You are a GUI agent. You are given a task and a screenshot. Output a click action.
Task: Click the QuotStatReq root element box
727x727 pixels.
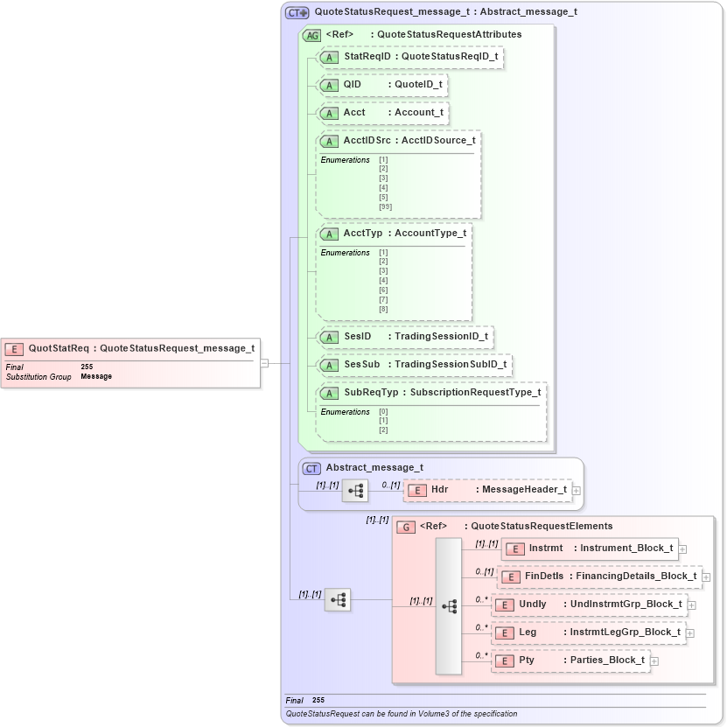tap(131, 348)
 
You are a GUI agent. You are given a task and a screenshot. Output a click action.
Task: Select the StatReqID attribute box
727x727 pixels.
tap(410, 57)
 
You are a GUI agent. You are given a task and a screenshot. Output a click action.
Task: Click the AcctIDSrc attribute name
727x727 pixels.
tap(367, 141)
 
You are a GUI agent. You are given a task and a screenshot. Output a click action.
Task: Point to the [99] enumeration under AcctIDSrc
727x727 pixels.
tap(385, 207)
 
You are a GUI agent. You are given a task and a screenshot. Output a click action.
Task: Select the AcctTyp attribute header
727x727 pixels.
tap(394, 234)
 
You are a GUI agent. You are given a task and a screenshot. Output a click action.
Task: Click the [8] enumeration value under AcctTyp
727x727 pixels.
tap(383, 310)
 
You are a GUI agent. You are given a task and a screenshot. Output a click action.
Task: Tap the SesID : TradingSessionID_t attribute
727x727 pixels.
tap(405, 337)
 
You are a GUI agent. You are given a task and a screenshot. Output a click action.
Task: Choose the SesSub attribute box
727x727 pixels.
tap(414, 365)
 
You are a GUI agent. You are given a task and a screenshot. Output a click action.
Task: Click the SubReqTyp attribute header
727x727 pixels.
tap(431, 393)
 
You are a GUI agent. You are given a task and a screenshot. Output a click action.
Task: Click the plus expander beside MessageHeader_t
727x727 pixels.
tap(577, 491)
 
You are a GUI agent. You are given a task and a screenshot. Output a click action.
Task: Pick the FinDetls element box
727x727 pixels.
tap(599, 577)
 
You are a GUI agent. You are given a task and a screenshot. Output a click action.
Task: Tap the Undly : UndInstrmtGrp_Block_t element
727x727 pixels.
tap(590, 605)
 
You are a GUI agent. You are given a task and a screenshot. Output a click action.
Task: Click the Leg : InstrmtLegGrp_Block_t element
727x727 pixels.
tap(589, 633)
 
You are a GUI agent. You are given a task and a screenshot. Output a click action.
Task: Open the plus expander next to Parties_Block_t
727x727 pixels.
tap(654, 661)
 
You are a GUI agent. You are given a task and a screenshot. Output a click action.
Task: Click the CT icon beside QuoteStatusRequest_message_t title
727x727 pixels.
tap(297, 13)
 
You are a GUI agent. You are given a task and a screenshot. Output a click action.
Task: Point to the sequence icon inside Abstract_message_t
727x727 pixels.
tap(354, 491)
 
